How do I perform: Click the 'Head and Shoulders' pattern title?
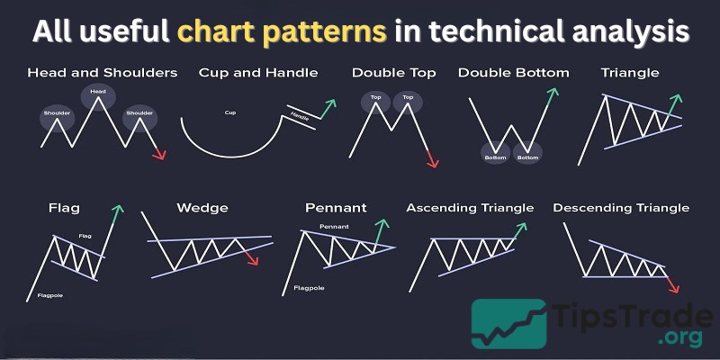(x=102, y=72)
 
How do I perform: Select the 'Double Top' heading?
(x=394, y=72)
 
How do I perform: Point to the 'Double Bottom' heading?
(x=513, y=72)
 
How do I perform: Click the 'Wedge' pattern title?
(x=202, y=208)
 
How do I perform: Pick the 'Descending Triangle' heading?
(x=621, y=208)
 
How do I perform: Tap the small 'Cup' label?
(x=230, y=112)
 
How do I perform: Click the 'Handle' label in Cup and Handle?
(x=301, y=117)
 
